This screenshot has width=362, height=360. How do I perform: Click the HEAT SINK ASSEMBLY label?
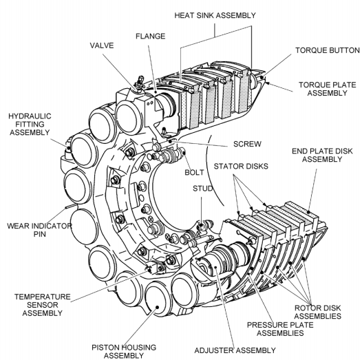coord(215,15)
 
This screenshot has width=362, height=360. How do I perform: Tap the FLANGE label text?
coord(150,36)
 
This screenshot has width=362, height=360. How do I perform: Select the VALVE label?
coord(102,45)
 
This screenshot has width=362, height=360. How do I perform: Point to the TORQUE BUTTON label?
coord(328,50)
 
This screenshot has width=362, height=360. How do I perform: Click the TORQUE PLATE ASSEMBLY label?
coord(328,89)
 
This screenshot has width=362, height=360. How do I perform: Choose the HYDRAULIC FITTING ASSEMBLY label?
coord(30,124)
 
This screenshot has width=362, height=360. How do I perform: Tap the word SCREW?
coord(247,144)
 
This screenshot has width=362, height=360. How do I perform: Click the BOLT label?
coord(194,172)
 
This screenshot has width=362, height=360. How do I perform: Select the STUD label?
coord(203,189)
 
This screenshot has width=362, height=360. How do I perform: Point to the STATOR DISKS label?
coord(241,167)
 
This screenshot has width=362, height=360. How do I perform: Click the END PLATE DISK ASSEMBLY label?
coord(322,155)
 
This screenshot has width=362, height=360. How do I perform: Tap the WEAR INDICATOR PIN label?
coord(39,230)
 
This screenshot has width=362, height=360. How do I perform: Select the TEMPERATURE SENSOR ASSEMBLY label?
coord(43,305)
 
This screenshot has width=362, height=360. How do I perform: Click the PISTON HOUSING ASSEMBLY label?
coord(124,351)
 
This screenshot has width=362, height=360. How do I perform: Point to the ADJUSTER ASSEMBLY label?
coord(235,350)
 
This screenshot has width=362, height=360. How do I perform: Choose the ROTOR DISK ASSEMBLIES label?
coord(318,312)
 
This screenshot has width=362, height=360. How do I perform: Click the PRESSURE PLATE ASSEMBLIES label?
coord(280,329)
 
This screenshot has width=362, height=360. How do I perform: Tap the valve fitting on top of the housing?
coord(140,83)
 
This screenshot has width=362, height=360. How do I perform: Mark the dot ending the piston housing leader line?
coord(158,307)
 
